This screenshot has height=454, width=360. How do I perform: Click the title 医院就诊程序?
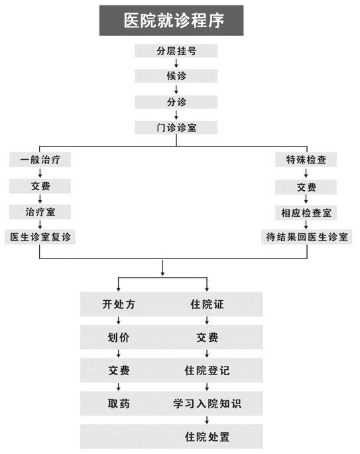click(174, 21)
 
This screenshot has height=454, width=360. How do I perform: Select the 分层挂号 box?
click(176, 51)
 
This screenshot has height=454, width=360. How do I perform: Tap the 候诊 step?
click(176, 76)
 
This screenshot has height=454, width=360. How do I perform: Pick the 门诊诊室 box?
click(176, 127)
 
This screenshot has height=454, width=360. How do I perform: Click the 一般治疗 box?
click(40, 160)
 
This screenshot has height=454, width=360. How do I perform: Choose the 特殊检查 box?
click(306, 160)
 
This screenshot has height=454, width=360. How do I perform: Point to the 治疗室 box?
click(40, 212)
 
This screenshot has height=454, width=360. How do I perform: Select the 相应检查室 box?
click(306, 213)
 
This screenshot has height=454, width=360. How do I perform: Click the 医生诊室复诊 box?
click(40, 237)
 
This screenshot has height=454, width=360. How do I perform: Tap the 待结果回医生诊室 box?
click(306, 237)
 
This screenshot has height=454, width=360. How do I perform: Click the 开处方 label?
click(119, 304)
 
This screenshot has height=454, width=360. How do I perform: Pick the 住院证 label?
click(207, 304)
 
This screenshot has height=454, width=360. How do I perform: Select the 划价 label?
click(119, 337)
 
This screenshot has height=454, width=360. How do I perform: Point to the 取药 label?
click(119, 404)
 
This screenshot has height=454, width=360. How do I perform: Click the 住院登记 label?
click(207, 370)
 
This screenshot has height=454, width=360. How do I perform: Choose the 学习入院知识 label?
click(207, 404)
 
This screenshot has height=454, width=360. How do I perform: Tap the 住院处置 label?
click(207, 437)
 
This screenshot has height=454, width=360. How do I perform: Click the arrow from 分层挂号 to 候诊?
click(176, 64)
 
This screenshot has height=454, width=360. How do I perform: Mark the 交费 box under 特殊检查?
click(306, 187)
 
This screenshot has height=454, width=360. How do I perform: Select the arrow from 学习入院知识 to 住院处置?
click(207, 420)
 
